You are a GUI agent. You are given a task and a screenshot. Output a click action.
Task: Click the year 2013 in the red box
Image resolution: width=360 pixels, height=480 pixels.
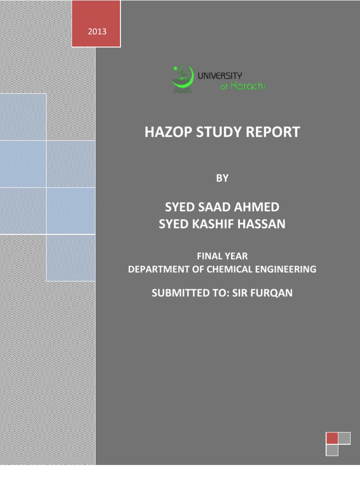[96, 32]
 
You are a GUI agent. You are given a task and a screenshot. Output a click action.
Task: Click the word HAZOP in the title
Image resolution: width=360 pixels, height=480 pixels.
[165, 132]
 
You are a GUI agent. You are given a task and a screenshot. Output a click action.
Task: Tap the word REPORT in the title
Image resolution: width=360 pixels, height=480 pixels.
[271, 132]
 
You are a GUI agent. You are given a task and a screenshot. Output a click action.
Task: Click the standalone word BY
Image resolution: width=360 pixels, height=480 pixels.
[222, 178]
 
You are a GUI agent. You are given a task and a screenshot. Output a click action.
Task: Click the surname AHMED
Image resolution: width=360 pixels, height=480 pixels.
[259, 207]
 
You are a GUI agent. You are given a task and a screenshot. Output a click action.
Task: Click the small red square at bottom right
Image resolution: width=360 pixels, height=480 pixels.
[332, 438]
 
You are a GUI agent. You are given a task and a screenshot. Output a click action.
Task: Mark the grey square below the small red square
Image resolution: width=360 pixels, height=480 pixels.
[332, 450]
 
